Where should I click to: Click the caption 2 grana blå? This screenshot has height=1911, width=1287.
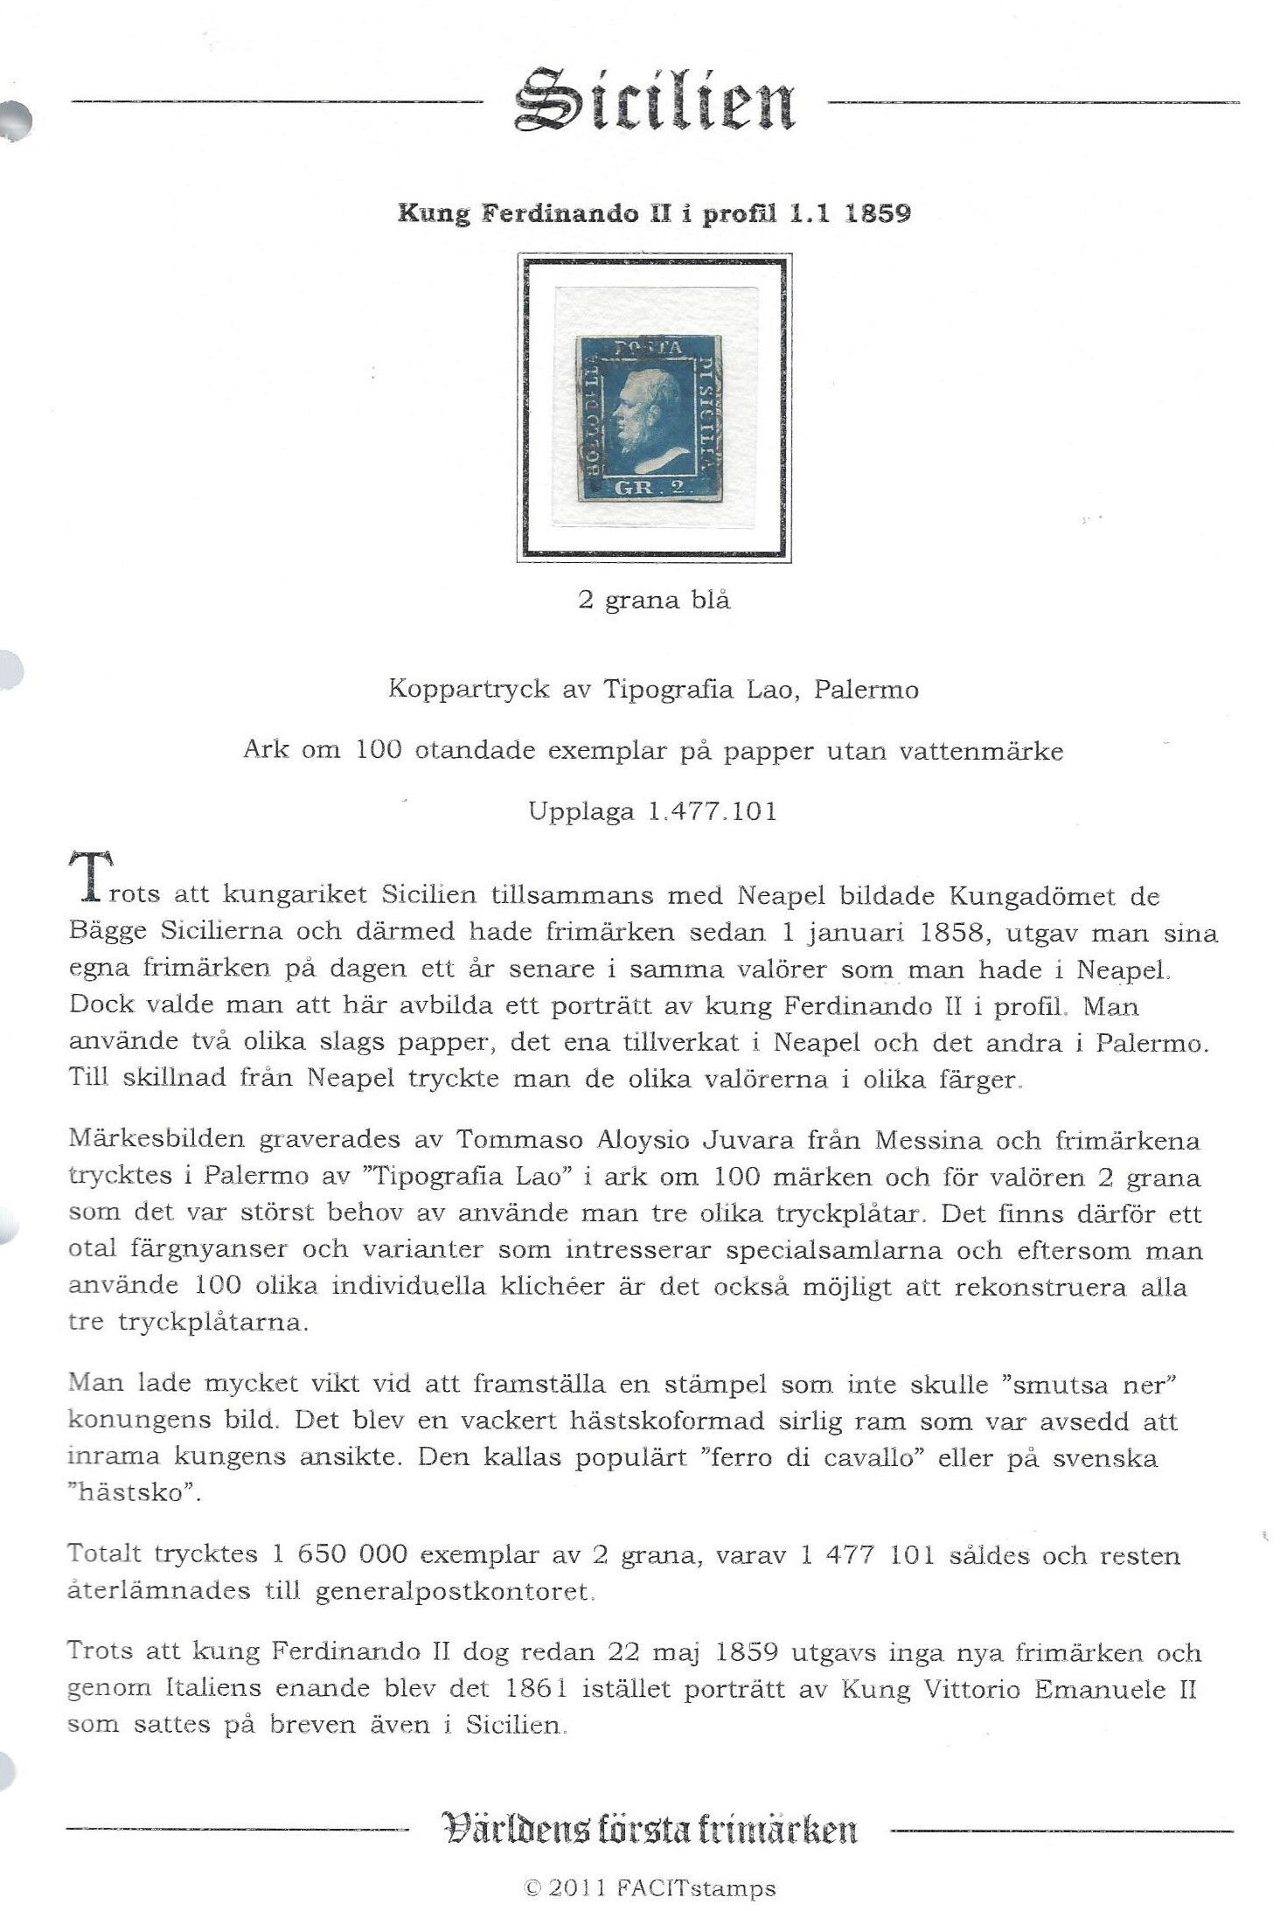click(654, 601)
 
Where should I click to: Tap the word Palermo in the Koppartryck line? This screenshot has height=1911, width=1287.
click(866, 691)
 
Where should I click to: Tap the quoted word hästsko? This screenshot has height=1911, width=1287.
click(130, 1494)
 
